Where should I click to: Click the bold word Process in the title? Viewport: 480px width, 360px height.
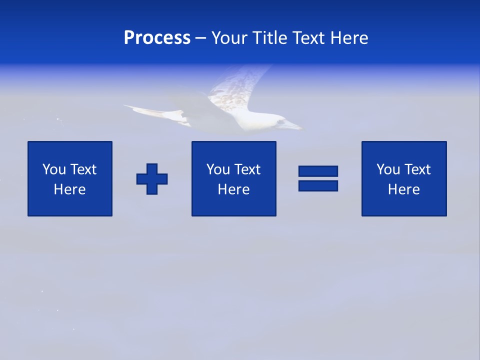[x=157, y=38]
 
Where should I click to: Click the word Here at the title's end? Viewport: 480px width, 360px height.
[x=350, y=38]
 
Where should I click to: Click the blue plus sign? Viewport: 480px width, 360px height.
[x=152, y=179]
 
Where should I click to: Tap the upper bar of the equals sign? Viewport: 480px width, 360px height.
[x=318, y=171]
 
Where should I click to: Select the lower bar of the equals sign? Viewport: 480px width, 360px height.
[x=318, y=185]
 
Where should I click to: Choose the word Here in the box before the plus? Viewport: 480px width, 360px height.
[x=70, y=189]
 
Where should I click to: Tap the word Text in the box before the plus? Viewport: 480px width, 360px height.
[x=83, y=169]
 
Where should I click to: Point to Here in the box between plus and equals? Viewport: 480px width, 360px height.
[x=234, y=189]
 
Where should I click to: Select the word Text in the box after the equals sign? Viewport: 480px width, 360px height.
[x=417, y=169]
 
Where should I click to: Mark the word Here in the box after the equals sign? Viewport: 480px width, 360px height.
[x=404, y=189]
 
